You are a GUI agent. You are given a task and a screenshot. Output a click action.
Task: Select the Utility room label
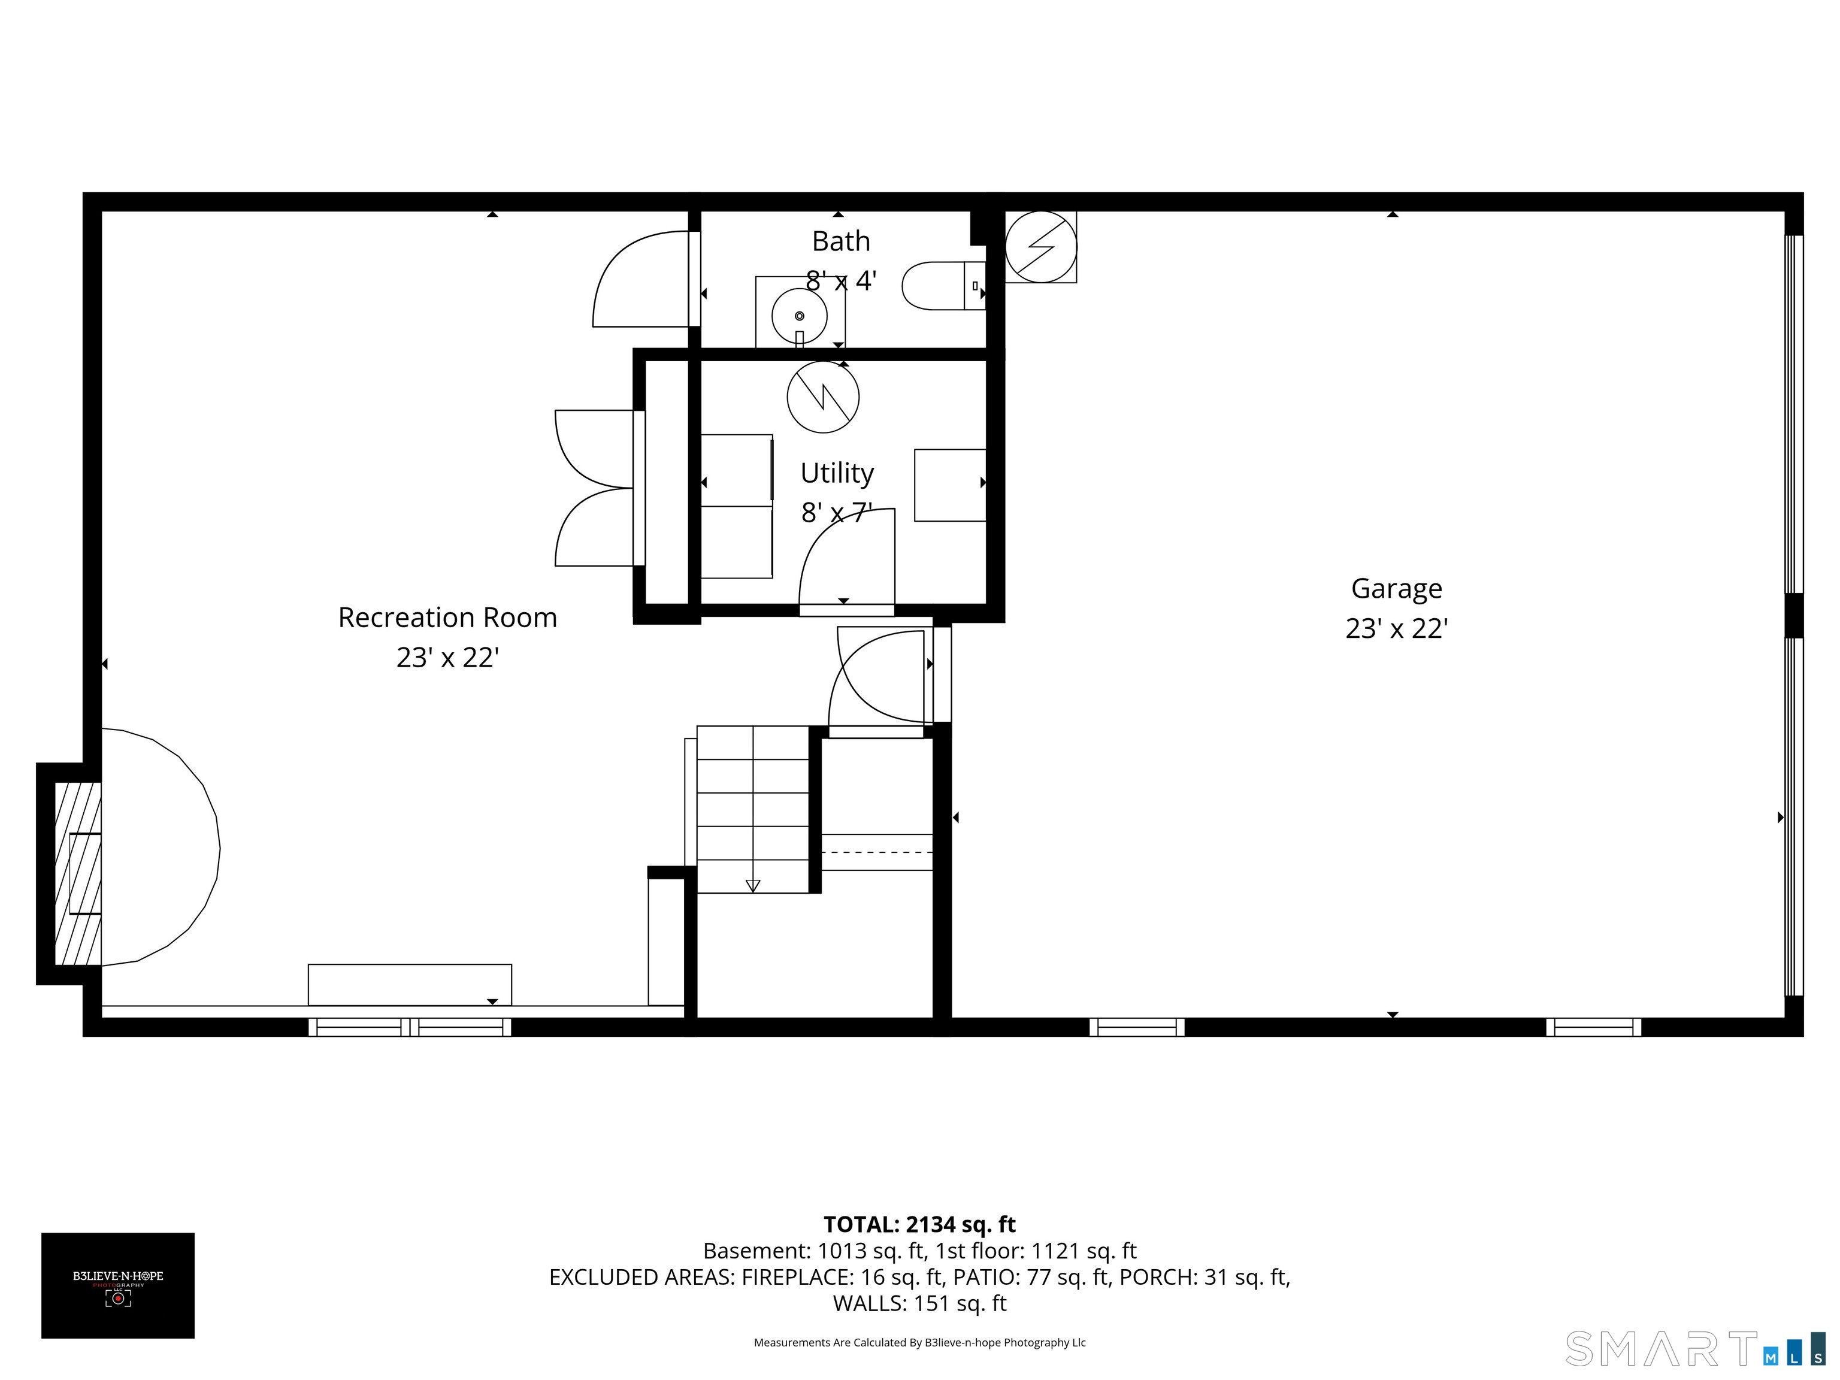[x=837, y=473]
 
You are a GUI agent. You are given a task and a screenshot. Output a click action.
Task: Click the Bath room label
[x=841, y=241]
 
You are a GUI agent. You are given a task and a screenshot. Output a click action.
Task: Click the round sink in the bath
[x=800, y=315]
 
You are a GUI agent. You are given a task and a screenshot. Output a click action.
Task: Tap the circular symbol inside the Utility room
[x=823, y=397]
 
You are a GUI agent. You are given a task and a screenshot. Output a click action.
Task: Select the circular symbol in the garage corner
[x=1040, y=247]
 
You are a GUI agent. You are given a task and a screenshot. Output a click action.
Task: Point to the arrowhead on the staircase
[x=753, y=885]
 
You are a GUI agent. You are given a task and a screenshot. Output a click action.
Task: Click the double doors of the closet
[x=595, y=488]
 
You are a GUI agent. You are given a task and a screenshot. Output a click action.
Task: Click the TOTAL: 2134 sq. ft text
[x=919, y=1224]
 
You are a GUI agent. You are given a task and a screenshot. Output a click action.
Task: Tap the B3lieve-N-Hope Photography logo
[x=118, y=1285]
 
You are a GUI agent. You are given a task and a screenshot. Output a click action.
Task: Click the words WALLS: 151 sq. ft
[x=919, y=1303]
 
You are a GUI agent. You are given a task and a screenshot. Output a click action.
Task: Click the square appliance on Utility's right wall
[x=950, y=485]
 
